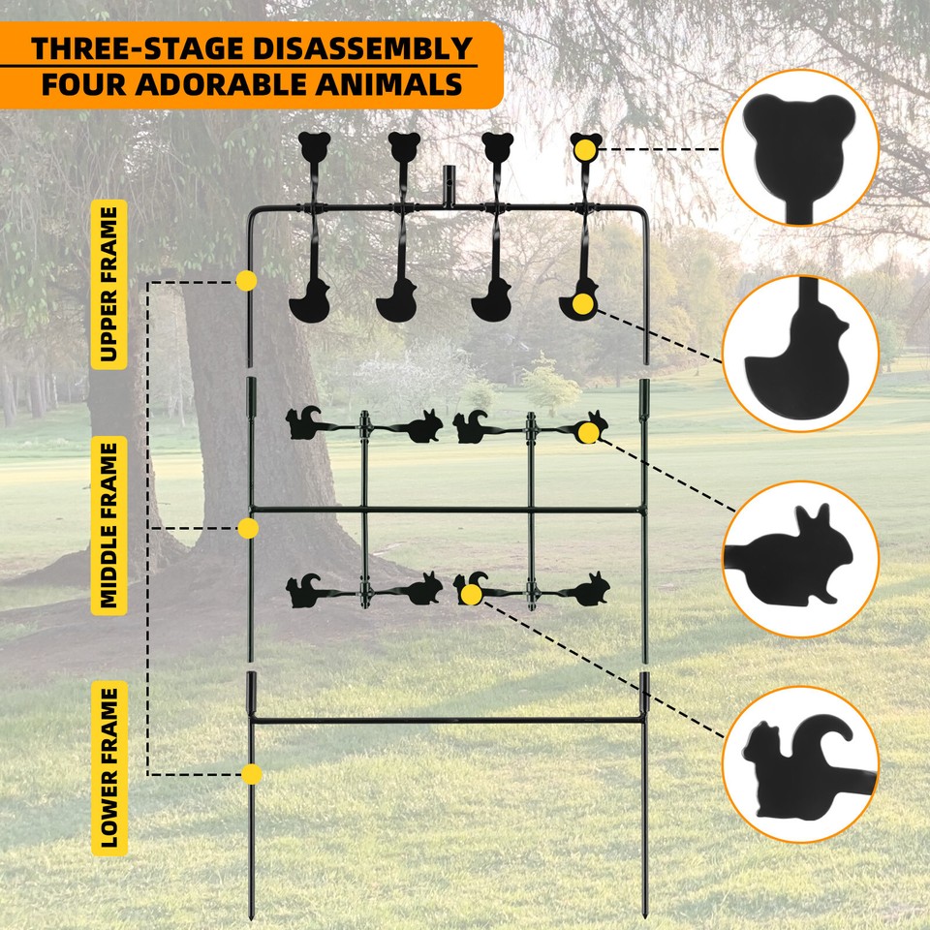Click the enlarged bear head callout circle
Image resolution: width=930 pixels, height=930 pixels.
click(800, 147)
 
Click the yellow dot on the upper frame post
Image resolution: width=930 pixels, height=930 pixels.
click(247, 281)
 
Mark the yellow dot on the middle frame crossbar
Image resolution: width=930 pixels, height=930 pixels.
click(248, 528)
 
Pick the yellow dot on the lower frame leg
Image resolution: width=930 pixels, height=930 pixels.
click(252, 774)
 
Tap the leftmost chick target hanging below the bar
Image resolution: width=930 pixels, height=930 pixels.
click(309, 301)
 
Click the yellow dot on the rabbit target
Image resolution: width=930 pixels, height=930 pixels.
click(588, 433)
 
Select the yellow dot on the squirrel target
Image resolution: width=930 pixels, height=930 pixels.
click(472, 593)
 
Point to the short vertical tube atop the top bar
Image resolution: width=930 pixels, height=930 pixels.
click(449, 186)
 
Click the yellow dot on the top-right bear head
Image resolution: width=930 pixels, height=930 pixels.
click(584, 149)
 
